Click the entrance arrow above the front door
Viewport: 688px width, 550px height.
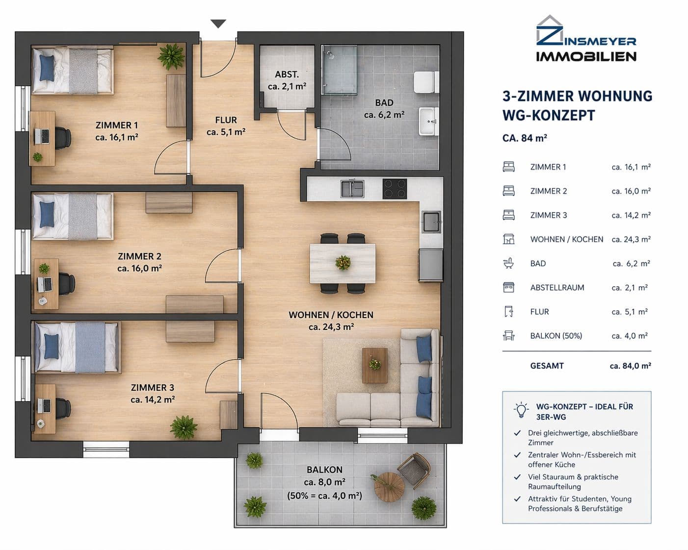click(218, 24)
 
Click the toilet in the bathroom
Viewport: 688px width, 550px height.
click(425, 82)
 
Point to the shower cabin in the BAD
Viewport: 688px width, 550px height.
click(339, 70)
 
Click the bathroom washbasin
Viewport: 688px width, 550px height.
click(428, 121)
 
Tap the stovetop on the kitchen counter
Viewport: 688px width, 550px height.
click(395, 189)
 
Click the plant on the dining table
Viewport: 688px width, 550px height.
click(343, 262)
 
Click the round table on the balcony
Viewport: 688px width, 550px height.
click(389, 486)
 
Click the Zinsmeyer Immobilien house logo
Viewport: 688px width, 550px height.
click(549, 30)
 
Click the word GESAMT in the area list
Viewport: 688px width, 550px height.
click(547, 366)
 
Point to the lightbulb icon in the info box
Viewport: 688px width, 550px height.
click(521, 410)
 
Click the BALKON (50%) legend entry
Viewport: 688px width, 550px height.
click(556, 336)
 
